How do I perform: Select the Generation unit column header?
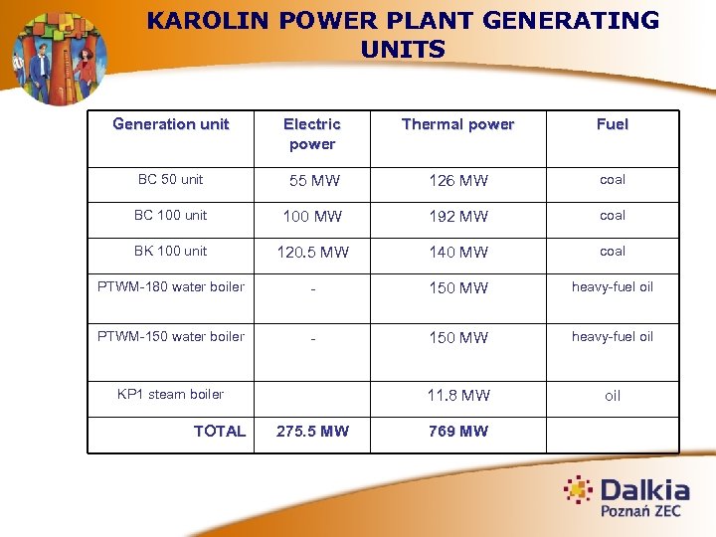(x=170, y=124)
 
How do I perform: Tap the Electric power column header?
(x=312, y=134)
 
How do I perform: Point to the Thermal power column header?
(x=457, y=124)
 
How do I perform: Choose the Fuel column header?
(x=613, y=124)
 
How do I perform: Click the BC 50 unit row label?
(x=170, y=180)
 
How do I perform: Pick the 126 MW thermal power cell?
(x=458, y=181)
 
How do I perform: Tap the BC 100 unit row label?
(x=170, y=216)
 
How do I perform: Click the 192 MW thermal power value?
(x=458, y=217)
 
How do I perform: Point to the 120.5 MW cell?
(x=312, y=253)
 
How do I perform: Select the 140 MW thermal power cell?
(x=458, y=253)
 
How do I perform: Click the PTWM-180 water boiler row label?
(x=170, y=287)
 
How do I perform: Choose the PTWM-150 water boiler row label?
(x=170, y=337)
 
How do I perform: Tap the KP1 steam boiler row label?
(x=170, y=395)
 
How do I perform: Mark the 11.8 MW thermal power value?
(x=458, y=396)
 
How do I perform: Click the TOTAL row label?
(x=220, y=432)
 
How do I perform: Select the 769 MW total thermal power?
(x=458, y=432)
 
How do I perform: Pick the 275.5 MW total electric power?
(x=312, y=432)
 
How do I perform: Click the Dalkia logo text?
(x=643, y=490)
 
